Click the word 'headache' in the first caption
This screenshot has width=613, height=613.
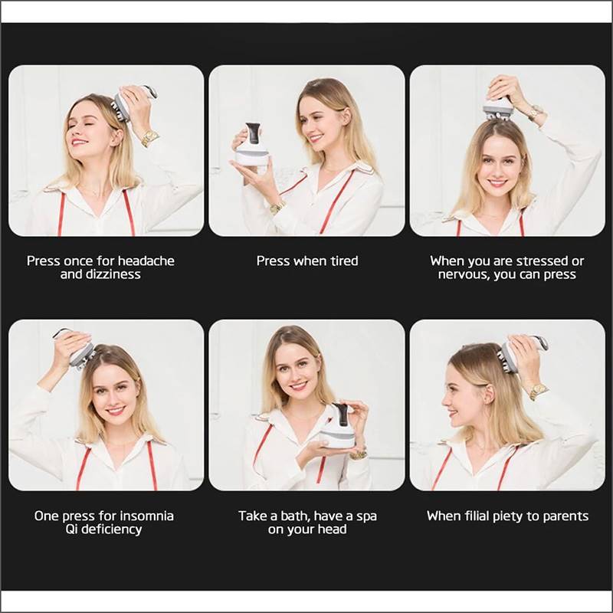pos(144,261)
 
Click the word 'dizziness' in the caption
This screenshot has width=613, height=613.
pos(112,274)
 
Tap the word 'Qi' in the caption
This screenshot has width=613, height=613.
pos(67,529)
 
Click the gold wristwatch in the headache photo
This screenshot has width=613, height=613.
pos(149,139)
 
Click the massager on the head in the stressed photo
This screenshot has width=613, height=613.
pos(498,107)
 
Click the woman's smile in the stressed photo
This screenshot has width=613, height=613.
pos(497,182)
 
